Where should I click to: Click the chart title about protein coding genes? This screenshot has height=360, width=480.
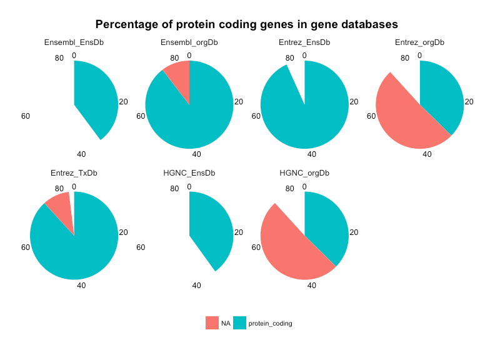[247, 25]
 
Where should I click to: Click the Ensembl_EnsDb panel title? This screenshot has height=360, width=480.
[74, 42]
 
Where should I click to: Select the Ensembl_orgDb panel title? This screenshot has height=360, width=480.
[189, 42]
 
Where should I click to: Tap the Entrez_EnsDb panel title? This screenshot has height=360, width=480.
[304, 42]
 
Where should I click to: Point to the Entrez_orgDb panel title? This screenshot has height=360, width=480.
[420, 42]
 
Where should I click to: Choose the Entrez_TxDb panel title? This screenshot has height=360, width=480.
[74, 173]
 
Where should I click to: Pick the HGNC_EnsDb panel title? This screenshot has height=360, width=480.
[189, 173]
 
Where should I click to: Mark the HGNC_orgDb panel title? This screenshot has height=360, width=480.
[304, 173]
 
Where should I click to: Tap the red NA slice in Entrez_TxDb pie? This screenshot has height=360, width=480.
[60, 204]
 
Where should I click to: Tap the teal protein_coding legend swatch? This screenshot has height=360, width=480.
[239, 323]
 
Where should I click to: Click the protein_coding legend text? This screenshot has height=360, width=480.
[270, 323]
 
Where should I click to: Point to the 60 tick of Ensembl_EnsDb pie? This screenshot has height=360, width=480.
[26, 116]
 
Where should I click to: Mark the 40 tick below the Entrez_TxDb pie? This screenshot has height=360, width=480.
[81, 285]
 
